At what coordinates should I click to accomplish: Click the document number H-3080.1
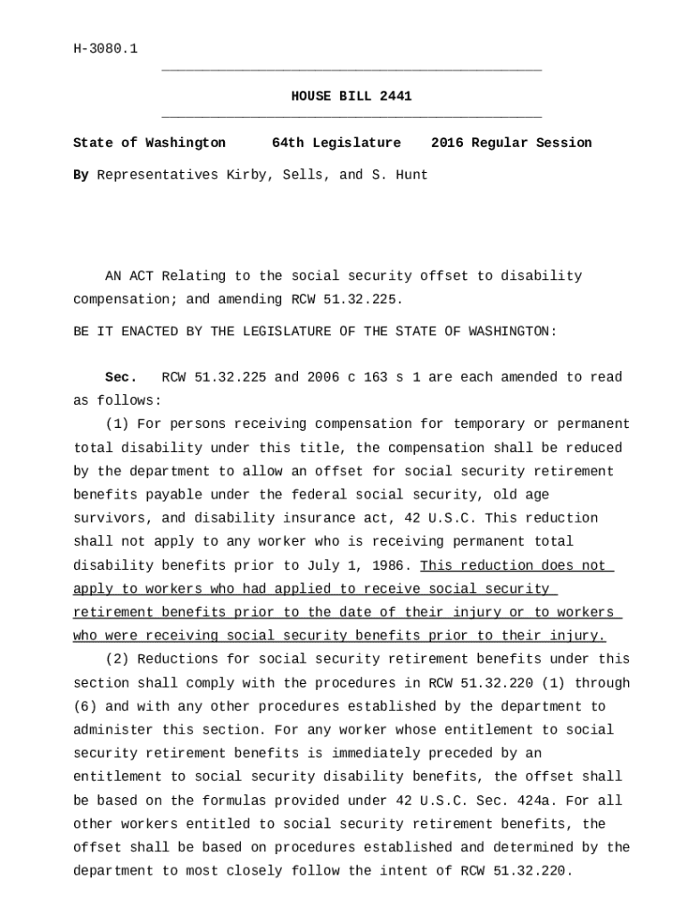click(105, 49)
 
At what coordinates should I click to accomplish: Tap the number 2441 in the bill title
click(395, 96)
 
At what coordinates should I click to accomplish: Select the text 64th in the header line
click(287, 143)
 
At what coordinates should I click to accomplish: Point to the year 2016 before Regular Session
click(447, 143)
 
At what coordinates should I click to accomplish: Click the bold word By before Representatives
click(81, 175)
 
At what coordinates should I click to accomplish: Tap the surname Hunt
click(411, 175)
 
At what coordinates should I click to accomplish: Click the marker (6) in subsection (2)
click(85, 706)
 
